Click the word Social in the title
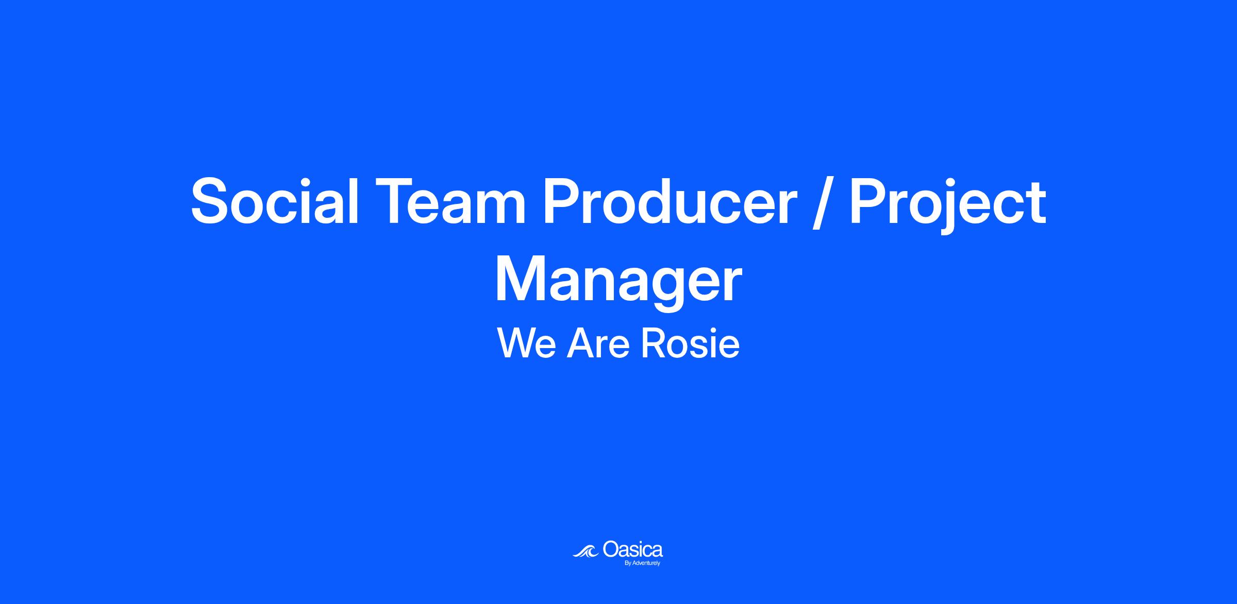(275, 201)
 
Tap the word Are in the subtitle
(598, 343)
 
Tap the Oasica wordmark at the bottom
(632, 549)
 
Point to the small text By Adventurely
(642, 563)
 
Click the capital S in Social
(211, 201)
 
